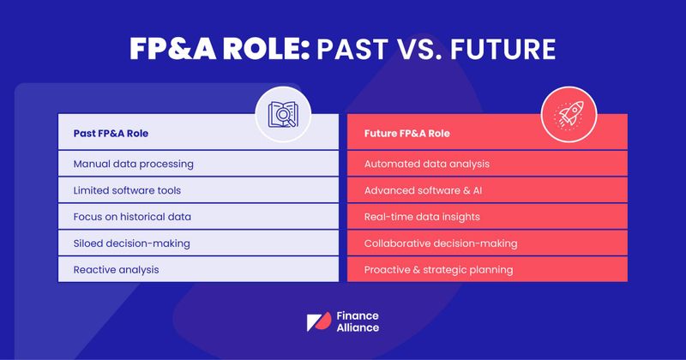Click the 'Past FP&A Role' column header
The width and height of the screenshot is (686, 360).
tap(113, 135)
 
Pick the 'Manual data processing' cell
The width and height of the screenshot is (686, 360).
tap(133, 163)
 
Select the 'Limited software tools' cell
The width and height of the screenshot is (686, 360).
tap(126, 189)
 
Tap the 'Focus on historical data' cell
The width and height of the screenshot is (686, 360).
tap(131, 216)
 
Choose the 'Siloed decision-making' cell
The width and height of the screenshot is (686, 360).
tap(131, 243)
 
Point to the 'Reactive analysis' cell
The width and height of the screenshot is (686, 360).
tap(116, 269)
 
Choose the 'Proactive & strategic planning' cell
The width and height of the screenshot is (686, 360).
tap(438, 269)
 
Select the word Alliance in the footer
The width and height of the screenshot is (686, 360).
tap(358, 328)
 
